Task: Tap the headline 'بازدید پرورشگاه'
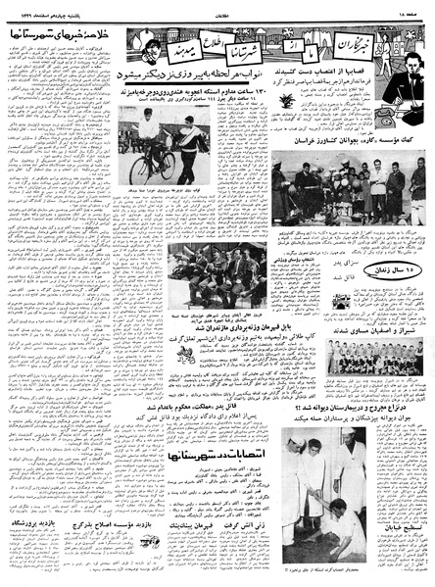coord(38,524)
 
